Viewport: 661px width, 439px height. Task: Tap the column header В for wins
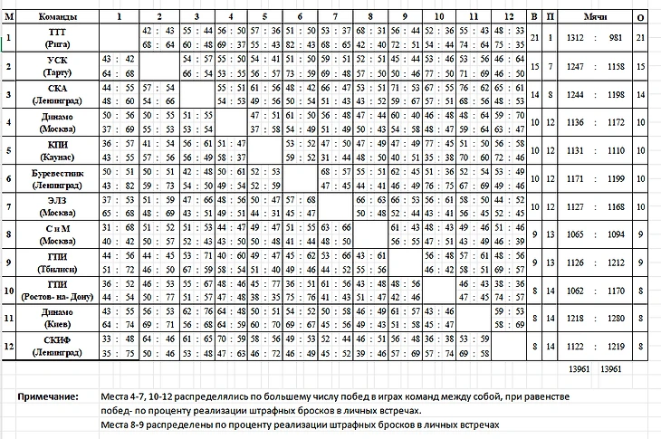[x=534, y=16]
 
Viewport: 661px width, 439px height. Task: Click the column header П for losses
[x=549, y=16]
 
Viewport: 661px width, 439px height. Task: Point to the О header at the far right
[x=640, y=16]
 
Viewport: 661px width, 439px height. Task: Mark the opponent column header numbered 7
[x=335, y=16]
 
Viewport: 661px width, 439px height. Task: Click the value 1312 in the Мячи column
[x=574, y=37]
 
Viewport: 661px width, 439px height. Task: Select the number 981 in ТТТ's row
[x=616, y=37]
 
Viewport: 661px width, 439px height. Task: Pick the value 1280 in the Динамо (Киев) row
[x=616, y=319]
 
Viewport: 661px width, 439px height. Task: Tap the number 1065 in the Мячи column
[x=574, y=234]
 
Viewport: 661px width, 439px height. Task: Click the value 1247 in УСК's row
[x=574, y=66]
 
